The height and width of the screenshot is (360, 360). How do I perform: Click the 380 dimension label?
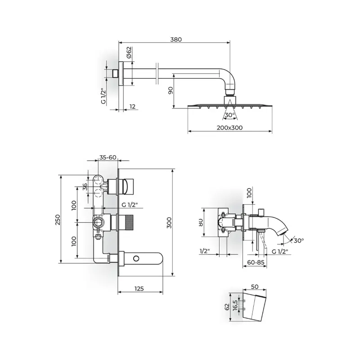coord(176,40)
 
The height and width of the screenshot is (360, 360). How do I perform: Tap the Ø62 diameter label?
coord(129,52)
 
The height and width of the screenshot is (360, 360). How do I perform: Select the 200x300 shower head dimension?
coord(229,128)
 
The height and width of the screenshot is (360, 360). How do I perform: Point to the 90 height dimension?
coord(171,90)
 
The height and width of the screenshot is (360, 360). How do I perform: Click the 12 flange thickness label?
coord(132,107)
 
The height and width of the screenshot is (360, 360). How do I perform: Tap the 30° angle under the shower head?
coord(230,115)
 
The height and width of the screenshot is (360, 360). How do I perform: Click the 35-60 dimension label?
coord(108,157)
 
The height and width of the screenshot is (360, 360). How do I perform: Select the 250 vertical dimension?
coord(58,220)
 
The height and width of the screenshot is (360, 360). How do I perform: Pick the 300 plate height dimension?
coord(169,223)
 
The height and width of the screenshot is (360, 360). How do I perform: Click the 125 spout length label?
coord(139,288)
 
